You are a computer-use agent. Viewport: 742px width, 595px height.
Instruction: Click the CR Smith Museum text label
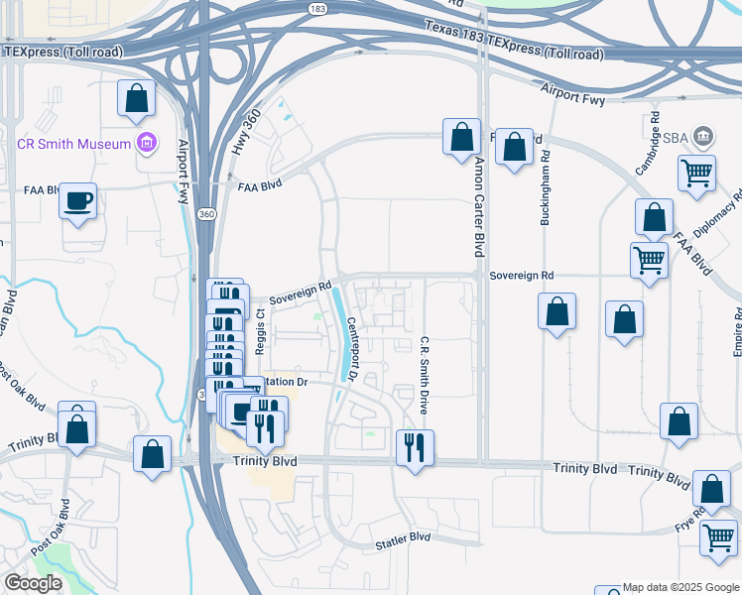(x=74, y=144)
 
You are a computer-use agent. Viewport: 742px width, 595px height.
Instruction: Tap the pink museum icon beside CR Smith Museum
(x=147, y=144)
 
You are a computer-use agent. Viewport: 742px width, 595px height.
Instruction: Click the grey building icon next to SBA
(x=703, y=135)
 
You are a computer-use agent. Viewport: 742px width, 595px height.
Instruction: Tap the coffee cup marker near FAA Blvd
(x=77, y=202)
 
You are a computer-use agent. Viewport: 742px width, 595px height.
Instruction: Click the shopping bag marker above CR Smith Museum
(x=137, y=98)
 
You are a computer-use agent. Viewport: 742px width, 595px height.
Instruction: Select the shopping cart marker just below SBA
(x=697, y=173)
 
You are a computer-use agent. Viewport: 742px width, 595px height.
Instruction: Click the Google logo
(x=33, y=583)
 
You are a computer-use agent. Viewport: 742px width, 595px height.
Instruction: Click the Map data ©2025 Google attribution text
(x=679, y=587)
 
